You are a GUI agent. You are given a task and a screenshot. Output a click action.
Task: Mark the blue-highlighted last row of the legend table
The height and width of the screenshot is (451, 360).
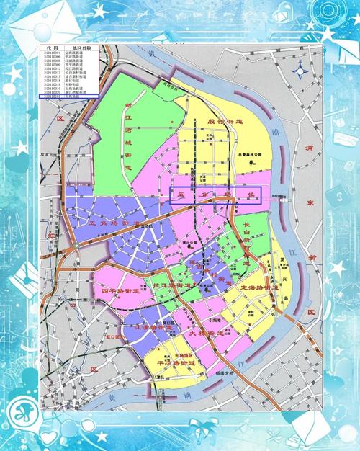click(x=69, y=96)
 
